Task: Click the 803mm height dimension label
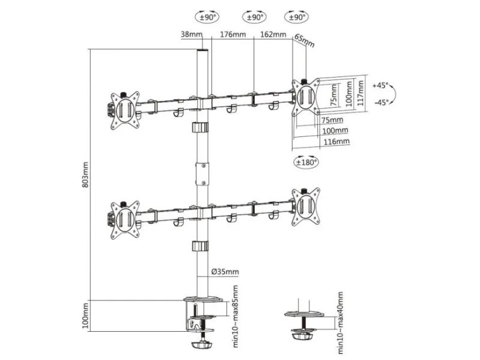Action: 85,175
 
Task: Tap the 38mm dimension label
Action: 192,34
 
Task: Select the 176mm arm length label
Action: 233,34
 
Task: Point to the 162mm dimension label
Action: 273,34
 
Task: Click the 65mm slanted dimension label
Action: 305,41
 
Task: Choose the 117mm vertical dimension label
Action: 361,93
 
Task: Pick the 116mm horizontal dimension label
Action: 336,141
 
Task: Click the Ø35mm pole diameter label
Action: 225,272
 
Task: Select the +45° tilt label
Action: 380,85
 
